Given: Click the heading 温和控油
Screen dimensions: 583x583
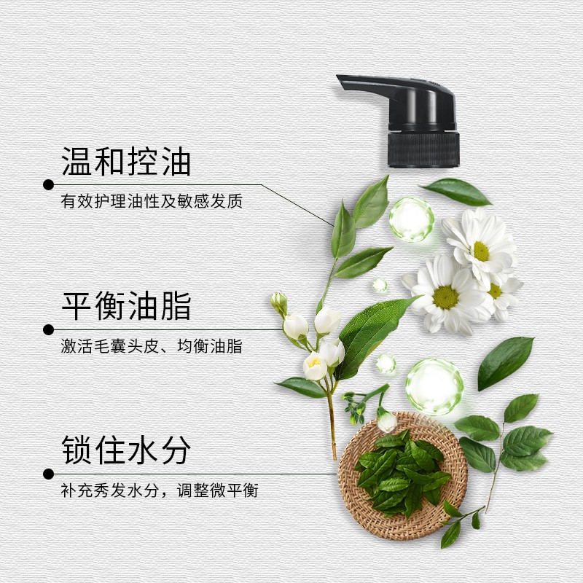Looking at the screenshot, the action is click(x=126, y=162).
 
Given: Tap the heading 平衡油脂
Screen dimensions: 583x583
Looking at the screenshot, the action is click(x=126, y=306).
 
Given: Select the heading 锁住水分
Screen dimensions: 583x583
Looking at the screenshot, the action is click(x=126, y=450).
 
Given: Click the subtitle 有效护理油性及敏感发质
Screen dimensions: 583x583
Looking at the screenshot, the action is click(x=152, y=201).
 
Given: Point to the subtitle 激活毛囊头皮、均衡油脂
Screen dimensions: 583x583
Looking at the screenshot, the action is click(x=152, y=346).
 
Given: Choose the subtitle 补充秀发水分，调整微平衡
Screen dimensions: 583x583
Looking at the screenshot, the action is click(x=160, y=490).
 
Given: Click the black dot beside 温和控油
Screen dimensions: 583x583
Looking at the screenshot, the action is click(x=48, y=184).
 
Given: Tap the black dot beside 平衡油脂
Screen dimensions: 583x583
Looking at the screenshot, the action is click(x=48, y=329).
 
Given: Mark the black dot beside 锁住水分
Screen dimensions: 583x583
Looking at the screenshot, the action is click(x=48, y=474).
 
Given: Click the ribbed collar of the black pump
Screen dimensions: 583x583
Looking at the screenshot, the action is click(x=423, y=149).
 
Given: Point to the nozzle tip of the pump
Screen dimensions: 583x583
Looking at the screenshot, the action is click(x=340, y=79).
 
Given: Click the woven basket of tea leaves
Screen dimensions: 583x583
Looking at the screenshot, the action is click(x=403, y=477).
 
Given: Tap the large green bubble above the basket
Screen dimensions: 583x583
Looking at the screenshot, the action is click(x=434, y=386).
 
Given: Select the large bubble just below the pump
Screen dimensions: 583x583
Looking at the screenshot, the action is click(x=412, y=219).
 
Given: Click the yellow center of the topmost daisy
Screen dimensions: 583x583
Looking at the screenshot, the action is click(x=482, y=251).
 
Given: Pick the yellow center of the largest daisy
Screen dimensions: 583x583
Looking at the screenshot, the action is click(x=445, y=297).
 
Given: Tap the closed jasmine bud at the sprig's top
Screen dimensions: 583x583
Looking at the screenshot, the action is click(x=280, y=302).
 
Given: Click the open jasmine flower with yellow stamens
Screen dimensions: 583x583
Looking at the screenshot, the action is click(x=315, y=366).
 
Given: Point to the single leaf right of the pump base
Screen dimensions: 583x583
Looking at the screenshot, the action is click(x=457, y=192).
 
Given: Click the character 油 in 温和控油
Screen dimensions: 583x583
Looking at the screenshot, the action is click(x=176, y=162).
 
